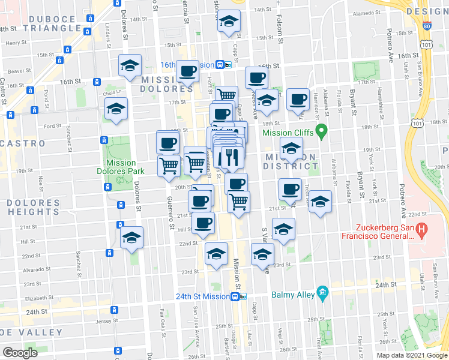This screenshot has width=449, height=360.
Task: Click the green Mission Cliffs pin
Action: pyautogui.click(x=321, y=130)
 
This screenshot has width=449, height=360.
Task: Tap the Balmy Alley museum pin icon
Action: pyautogui.click(x=323, y=293)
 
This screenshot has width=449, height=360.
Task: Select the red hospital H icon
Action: pyautogui.click(x=421, y=229)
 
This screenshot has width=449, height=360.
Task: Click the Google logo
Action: pyautogui.click(x=20, y=353)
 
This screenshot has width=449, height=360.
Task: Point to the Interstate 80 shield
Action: pyautogui.click(x=426, y=26)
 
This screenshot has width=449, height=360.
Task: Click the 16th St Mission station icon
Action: pyautogui.click(x=221, y=64)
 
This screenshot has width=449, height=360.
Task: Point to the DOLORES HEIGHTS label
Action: pyautogui.click(x=30, y=206)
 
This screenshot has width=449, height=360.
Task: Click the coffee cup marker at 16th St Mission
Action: pyautogui.click(x=187, y=72)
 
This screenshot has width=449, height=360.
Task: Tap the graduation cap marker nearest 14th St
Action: pyautogui.click(x=228, y=23)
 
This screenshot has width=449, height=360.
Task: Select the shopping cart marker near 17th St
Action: pyautogui.click(x=226, y=95)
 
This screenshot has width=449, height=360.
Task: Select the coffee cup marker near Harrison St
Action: pyautogui.click(x=298, y=99)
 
